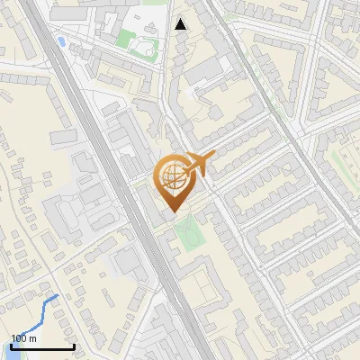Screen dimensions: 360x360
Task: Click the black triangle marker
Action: click(x=182, y=24)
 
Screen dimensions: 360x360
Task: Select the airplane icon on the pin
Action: click(x=197, y=165)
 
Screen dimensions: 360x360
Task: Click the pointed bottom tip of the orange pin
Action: click(x=172, y=211)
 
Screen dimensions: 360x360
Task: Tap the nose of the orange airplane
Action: click(x=214, y=156)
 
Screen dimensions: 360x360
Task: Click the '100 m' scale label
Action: click(x=24, y=338)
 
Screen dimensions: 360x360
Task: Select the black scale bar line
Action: click(x=42, y=346)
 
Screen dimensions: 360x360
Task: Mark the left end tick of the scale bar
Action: click(x=12, y=345)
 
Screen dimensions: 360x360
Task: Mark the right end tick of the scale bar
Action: click(x=74, y=345)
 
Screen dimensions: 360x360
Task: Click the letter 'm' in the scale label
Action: click(x=33, y=338)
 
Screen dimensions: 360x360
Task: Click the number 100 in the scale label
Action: click(x=19, y=338)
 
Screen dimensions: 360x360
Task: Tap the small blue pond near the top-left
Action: click(x=60, y=41)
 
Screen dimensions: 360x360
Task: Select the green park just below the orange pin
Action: click(x=187, y=236)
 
